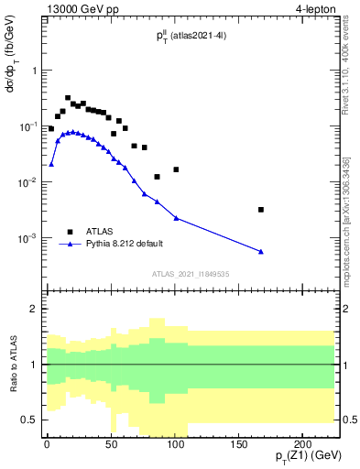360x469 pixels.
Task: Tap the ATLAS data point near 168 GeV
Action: (261, 210)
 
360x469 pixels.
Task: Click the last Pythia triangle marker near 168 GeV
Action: (261, 252)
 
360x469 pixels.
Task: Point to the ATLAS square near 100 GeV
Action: (176, 169)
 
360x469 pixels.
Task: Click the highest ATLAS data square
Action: (68, 98)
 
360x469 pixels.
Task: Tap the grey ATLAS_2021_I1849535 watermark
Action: (190, 273)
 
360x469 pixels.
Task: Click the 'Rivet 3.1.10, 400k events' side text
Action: (352, 64)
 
